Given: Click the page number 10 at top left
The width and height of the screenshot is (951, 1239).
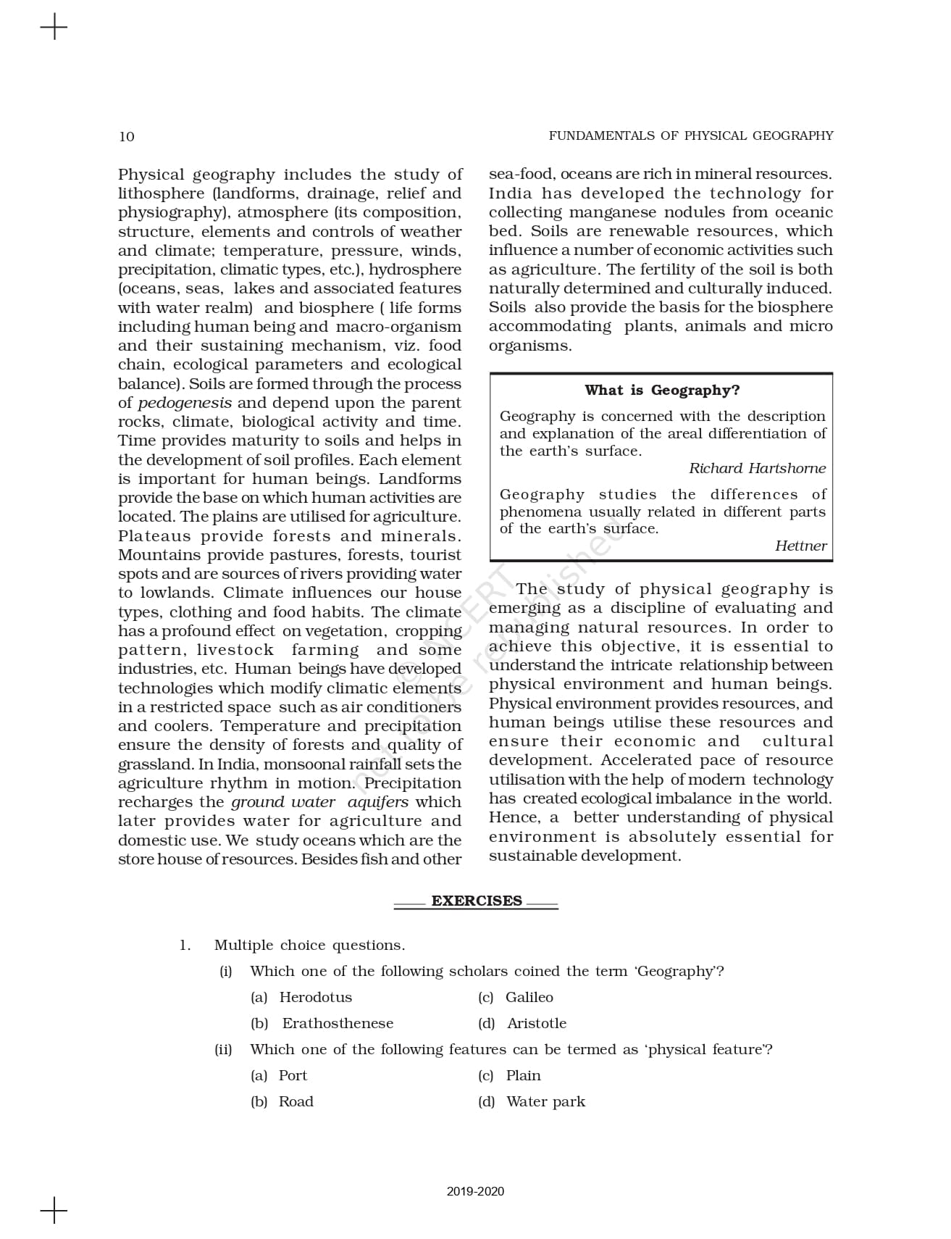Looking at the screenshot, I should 127,136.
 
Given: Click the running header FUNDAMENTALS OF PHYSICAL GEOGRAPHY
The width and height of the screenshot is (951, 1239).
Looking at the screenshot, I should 690,135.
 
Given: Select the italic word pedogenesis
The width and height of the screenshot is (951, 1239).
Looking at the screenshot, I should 185,403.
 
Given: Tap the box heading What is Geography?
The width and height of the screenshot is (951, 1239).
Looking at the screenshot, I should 662,391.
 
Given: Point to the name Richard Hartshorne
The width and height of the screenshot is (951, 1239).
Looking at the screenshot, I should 757,468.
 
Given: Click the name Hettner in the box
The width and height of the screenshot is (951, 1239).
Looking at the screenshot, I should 800,546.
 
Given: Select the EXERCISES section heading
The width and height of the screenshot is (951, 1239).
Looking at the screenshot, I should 477,901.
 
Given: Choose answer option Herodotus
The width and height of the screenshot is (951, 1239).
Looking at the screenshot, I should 315,997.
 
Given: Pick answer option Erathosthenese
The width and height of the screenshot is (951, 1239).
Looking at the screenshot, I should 338,1023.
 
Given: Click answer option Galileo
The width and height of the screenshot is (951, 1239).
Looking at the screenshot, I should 529,997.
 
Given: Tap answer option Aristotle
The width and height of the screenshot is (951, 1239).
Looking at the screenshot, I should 536,1023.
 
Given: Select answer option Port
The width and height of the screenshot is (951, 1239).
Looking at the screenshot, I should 293,1075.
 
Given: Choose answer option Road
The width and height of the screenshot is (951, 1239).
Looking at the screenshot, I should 296,1101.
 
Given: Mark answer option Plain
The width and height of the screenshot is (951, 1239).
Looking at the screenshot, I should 523,1075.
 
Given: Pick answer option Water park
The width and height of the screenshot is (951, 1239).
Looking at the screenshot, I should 545,1101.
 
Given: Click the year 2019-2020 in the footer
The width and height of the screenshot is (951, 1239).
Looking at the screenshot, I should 475,1191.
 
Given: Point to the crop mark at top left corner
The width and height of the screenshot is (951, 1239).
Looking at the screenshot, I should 54,28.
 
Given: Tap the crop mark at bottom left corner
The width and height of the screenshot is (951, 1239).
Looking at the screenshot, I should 54,1210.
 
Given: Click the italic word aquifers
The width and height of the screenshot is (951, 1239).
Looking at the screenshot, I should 377,802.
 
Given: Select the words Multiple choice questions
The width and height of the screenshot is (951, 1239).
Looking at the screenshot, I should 309,945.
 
